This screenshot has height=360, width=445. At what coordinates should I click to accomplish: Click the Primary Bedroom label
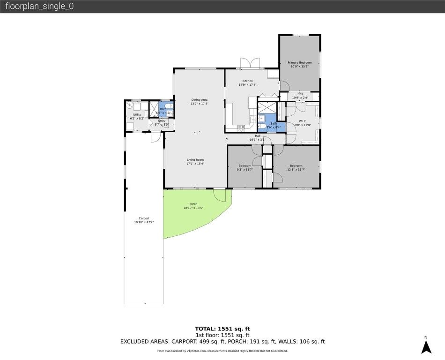click(x=299, y=62)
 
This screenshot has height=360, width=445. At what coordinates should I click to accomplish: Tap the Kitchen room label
click(x=247, y=81)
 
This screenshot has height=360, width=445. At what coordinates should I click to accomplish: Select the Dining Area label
click(x=199, y=100)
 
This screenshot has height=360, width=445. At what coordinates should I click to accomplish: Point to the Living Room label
click(x=195, y=160)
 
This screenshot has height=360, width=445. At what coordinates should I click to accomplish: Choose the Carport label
click(x=144, y=218)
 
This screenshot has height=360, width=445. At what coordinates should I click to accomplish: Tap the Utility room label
click(x=137, y=114)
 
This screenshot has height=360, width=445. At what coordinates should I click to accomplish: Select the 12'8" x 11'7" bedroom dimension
click(x=296, y=170)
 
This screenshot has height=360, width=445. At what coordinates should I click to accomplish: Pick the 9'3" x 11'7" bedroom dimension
click(x=245, y=170)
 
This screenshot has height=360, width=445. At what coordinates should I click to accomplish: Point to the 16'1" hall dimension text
click(x=257, y=140)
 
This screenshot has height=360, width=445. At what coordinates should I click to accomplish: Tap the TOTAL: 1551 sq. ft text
click(x=222, y=329)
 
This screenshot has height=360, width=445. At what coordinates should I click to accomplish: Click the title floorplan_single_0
click(x=39, y=7)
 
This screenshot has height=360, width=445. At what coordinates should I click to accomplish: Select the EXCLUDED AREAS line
click(x=222, y=342)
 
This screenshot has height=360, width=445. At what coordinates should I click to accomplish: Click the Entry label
click(x=162, y=121)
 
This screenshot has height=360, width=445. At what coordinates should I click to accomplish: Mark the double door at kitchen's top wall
click(x=250, y=63)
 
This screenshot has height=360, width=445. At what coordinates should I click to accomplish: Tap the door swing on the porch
click(x=219, y=195)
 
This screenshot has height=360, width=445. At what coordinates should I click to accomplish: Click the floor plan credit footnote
click(x=222, y=351)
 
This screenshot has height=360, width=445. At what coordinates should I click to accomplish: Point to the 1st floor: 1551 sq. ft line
click(x=222, y=335)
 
